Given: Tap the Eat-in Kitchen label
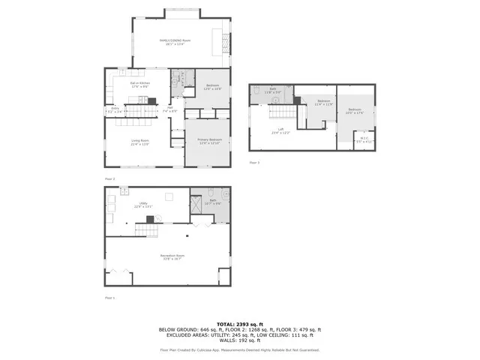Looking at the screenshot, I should pyautogui.click(x=137, y=85).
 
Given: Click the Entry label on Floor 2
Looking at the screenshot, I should pyautogui.click(x=115, y=109).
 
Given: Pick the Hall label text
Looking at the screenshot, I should pyautogui.click(x=170, y=109).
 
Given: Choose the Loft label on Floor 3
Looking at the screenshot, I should pyautogui.click(x=280, y=130).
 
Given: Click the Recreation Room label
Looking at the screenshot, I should pyautogui.click(x=172, y=256).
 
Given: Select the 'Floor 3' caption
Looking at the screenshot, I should pyautogui.click(x=254, y=162).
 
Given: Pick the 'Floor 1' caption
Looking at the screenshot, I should pyautogui.click(x=110, y=298).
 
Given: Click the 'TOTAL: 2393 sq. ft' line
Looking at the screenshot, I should pyautogui.click(x=239, y=322).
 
